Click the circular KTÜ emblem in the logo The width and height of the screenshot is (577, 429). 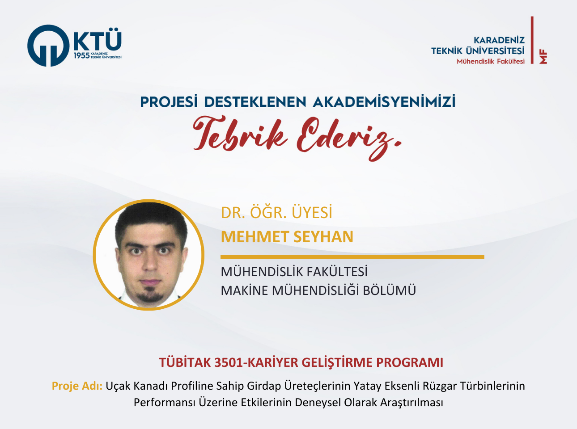coord(48,46)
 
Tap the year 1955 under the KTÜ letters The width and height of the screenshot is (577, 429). coord(81,55)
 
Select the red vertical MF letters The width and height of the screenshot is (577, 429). coord(543,56)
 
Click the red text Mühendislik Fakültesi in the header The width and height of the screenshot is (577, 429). coord(491,62)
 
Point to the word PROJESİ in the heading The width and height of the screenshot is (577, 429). coord(169,101)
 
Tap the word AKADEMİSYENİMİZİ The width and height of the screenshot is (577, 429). coord(384,101)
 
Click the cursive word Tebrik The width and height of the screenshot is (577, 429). coord(240,134)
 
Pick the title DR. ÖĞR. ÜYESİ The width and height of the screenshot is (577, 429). coord(276,212)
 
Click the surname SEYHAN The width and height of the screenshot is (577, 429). coord(323,236)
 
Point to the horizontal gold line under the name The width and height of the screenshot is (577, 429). coord(352,257)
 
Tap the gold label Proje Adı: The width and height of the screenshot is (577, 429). coord(77,386)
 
